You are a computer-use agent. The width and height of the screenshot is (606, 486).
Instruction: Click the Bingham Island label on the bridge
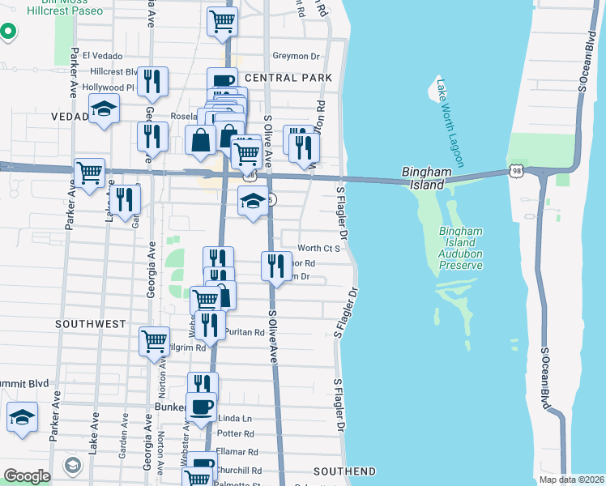(424, 178)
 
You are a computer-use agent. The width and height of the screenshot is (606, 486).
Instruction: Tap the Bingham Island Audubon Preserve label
(461, 248)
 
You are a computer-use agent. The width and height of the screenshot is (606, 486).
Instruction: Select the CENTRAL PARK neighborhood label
(288, 78)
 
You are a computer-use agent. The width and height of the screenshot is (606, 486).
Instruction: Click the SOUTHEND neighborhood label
(344, 471)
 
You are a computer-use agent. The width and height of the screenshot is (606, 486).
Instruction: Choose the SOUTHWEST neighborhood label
(90, 323)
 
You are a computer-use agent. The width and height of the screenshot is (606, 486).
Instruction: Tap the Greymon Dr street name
(297, 56)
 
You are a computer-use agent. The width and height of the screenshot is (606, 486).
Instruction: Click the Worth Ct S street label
(318, 249)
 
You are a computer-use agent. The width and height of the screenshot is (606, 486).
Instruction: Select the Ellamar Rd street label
(237, 452)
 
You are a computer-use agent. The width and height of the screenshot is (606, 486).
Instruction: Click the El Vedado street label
(102, 56)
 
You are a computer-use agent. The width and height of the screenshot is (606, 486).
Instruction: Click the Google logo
(27, 476)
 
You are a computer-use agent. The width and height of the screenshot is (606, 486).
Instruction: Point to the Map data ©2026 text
(570, 480)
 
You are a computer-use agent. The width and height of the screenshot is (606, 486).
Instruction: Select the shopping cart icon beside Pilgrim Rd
(154, 341)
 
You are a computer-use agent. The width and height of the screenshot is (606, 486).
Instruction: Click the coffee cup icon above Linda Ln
(201, 406)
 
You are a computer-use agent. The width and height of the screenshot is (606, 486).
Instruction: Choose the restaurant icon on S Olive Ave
(276, 265)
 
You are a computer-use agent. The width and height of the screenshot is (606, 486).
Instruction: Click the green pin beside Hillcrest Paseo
(7, 32)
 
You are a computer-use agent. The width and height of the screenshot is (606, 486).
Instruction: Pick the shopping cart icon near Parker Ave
(89, 173)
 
